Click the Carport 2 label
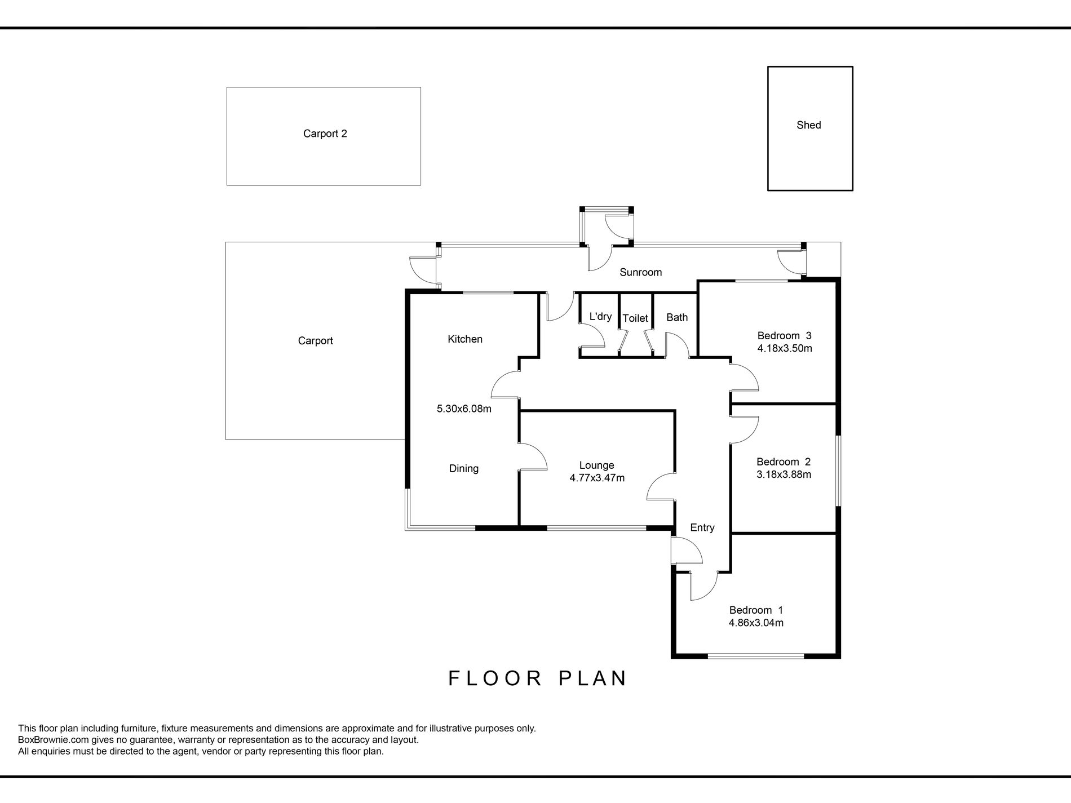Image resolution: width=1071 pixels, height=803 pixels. pos(325,134)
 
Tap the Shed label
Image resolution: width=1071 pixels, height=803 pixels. pos(809,125)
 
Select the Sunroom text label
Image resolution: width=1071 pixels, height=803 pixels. pos(641,272)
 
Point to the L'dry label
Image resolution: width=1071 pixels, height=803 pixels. pos(600,316)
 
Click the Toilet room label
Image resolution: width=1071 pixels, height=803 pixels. pos(635,318)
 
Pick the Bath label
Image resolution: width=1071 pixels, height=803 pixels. pos(677,317)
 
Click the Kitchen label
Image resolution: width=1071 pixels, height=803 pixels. pos(465,339)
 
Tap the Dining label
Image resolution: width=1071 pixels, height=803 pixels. pos(464,468)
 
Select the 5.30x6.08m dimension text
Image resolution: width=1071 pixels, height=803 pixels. pos(464,409)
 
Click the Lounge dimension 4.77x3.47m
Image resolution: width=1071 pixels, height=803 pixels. pos(597,478)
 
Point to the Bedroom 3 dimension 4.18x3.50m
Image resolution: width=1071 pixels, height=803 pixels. pos(785,348)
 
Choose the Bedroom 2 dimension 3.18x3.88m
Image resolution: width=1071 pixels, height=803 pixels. pos(784,474)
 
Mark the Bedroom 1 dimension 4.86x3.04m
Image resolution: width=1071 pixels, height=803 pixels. pos(756,623)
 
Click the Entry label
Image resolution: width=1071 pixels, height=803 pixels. pos(702,527)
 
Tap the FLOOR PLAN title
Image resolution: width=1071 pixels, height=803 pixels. pos(538,678)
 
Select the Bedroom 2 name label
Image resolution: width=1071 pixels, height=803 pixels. pos(784,462)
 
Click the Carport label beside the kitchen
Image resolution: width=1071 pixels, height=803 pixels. pos(316,341)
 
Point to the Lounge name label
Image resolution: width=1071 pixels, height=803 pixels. pos(597,465)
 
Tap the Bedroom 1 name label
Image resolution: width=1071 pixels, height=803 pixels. pos(756,610)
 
